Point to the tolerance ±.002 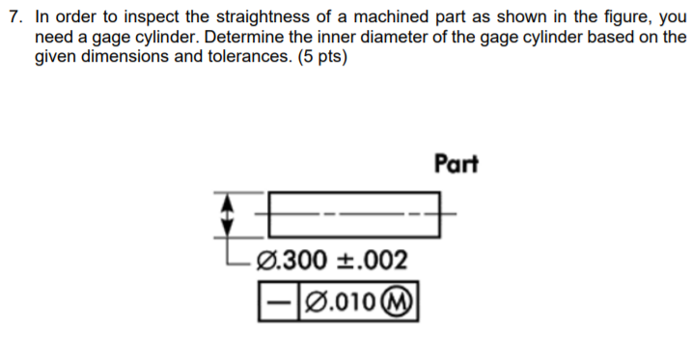(x=372, y=260)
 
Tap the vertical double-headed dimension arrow (x=229, y=213)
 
